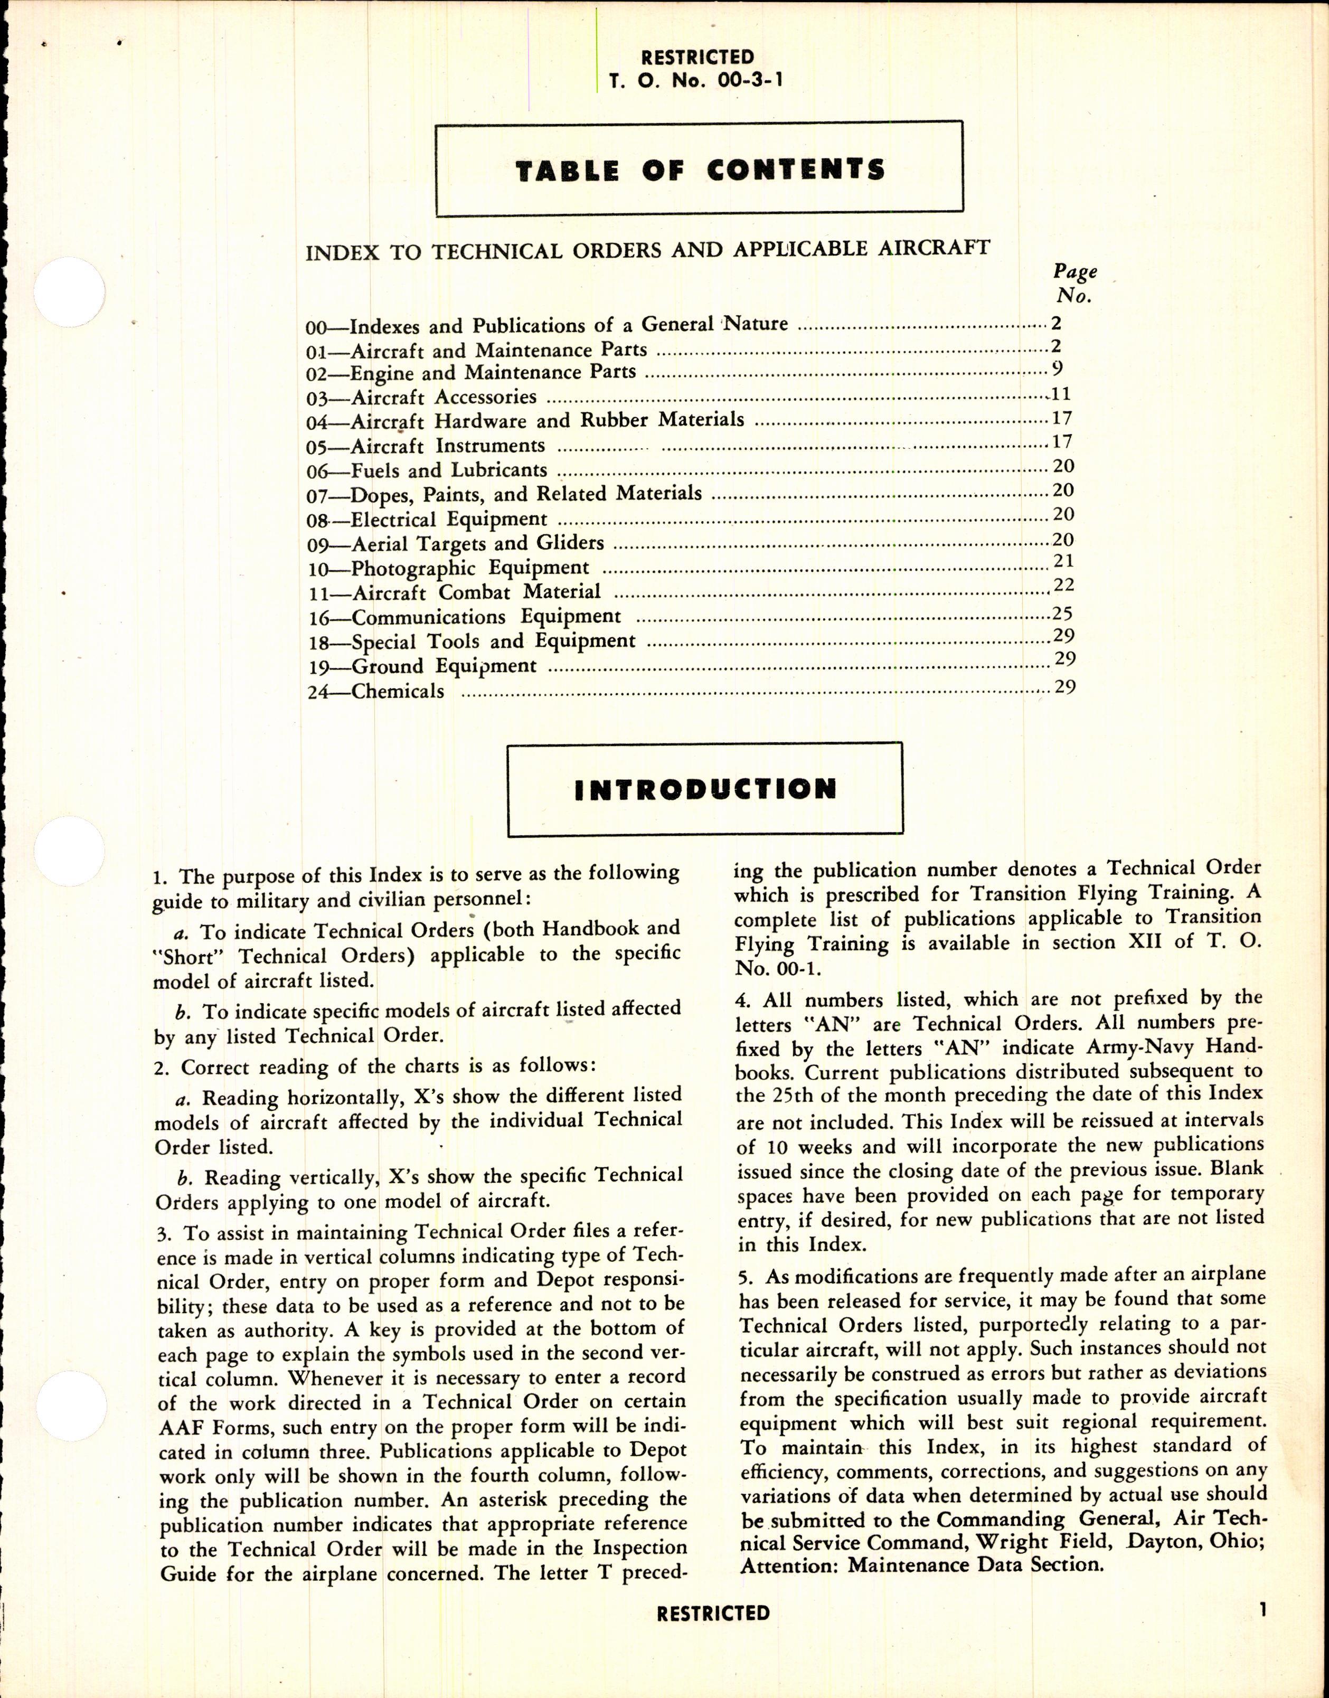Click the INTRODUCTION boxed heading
tap(705, 789)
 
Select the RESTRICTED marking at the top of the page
tap(697, 57)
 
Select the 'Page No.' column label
tap(1074, 283)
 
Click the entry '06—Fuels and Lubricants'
tap(427, 471)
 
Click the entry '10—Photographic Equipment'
tap(448, 568)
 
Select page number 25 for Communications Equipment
tap(1062, 614)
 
